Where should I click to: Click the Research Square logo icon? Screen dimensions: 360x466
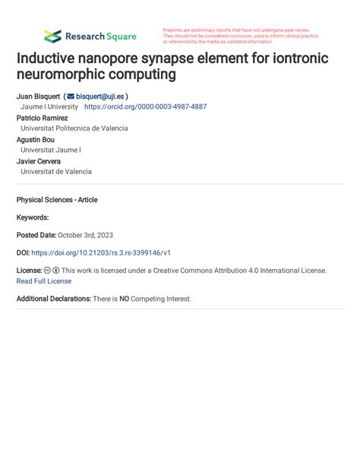pyautogui.click(x=52, y=36)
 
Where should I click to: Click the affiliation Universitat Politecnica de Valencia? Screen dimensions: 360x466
pyautogui.click(x=74, y=128)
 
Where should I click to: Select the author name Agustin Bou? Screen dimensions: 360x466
pyautogui.click(x=35, y=140)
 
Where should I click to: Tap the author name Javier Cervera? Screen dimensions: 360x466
pyautogui.click(x=39, y=161)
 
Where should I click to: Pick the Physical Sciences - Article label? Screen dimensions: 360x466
pyautogui.click(x=57, y=200)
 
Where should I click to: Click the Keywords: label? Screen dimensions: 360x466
pyautogui.click(x=33, y=217)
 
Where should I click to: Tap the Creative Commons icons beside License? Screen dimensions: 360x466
pyautogui.click(x=52, y=270)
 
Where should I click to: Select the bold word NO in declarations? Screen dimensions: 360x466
pyautogui.click(x=124, y=299)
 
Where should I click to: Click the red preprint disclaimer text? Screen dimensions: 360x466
pyautogui.click(x=241, y=36)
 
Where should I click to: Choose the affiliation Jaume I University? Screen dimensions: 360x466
pyautogui.click(x=49, y=107)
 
